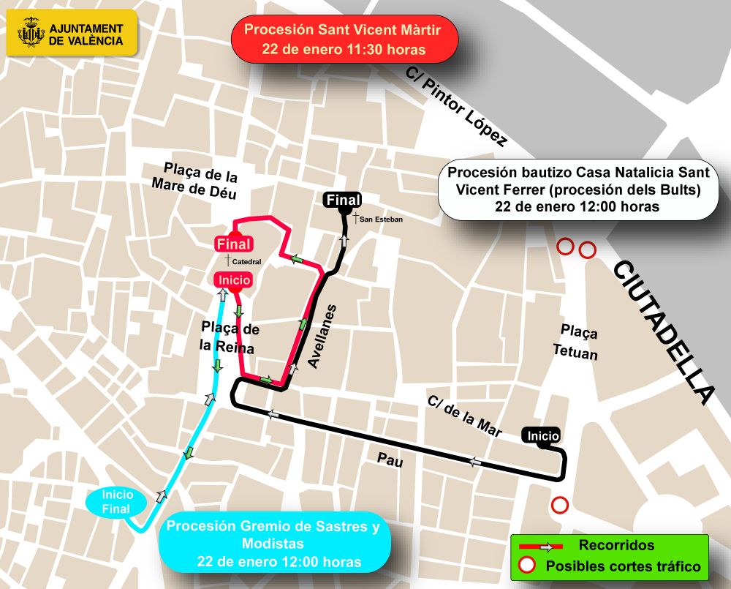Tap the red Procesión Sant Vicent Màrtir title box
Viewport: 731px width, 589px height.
(x=344, y=40)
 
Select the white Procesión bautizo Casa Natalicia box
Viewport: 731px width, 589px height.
(x=577, y=190)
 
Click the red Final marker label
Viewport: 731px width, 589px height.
(x=233, y=244)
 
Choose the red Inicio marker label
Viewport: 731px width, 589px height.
(x=232, y=280)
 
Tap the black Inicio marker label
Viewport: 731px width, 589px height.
(x=542, y=435)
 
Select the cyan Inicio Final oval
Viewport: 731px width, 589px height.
(x=117, y=501)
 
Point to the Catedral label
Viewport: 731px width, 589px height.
(x=244, y=260)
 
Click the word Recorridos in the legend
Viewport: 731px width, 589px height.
(x=616, y=545)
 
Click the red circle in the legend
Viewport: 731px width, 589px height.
(x=526, y=566)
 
